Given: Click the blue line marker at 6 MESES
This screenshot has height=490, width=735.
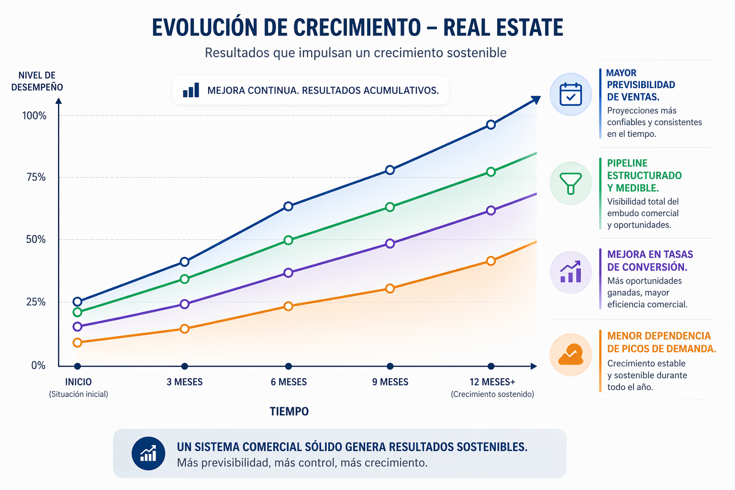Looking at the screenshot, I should (x=288, y=206).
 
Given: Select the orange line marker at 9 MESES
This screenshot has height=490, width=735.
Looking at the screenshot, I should (x=390, y=289).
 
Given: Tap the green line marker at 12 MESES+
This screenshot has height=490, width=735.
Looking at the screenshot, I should (x=491, y=172).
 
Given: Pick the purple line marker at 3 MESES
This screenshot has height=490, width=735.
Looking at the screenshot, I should (x=185, y=304).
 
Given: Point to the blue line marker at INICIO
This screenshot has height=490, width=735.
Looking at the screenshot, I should (x=78, y=302).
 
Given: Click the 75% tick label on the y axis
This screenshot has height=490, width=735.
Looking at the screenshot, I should (x=36, y=178).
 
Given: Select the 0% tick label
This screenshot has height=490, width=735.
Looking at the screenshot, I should (x=38, y=366).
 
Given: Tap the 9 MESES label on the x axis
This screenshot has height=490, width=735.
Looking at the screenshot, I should (x=390, y=382).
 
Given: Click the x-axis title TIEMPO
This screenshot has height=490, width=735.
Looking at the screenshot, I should (x=289, y=412).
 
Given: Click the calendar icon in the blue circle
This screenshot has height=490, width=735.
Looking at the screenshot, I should (x=570, y=94).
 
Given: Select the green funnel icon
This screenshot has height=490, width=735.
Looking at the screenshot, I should (x=570, y=183).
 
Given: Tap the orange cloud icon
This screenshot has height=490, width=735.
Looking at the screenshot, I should (x=570, y=355).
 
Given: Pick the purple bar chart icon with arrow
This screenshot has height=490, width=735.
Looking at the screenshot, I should (x=570, y=272).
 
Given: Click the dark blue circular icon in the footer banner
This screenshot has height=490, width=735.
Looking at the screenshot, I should (x=148, y=454).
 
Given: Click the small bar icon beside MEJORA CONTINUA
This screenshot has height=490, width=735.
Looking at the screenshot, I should (x=191, y=90).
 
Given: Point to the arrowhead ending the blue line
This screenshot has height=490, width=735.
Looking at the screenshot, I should (x=536, y=100).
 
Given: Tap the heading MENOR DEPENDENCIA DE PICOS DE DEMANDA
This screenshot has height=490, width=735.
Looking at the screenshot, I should (x=661, y=342).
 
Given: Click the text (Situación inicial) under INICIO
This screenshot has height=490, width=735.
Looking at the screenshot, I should (x=78, y=394).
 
